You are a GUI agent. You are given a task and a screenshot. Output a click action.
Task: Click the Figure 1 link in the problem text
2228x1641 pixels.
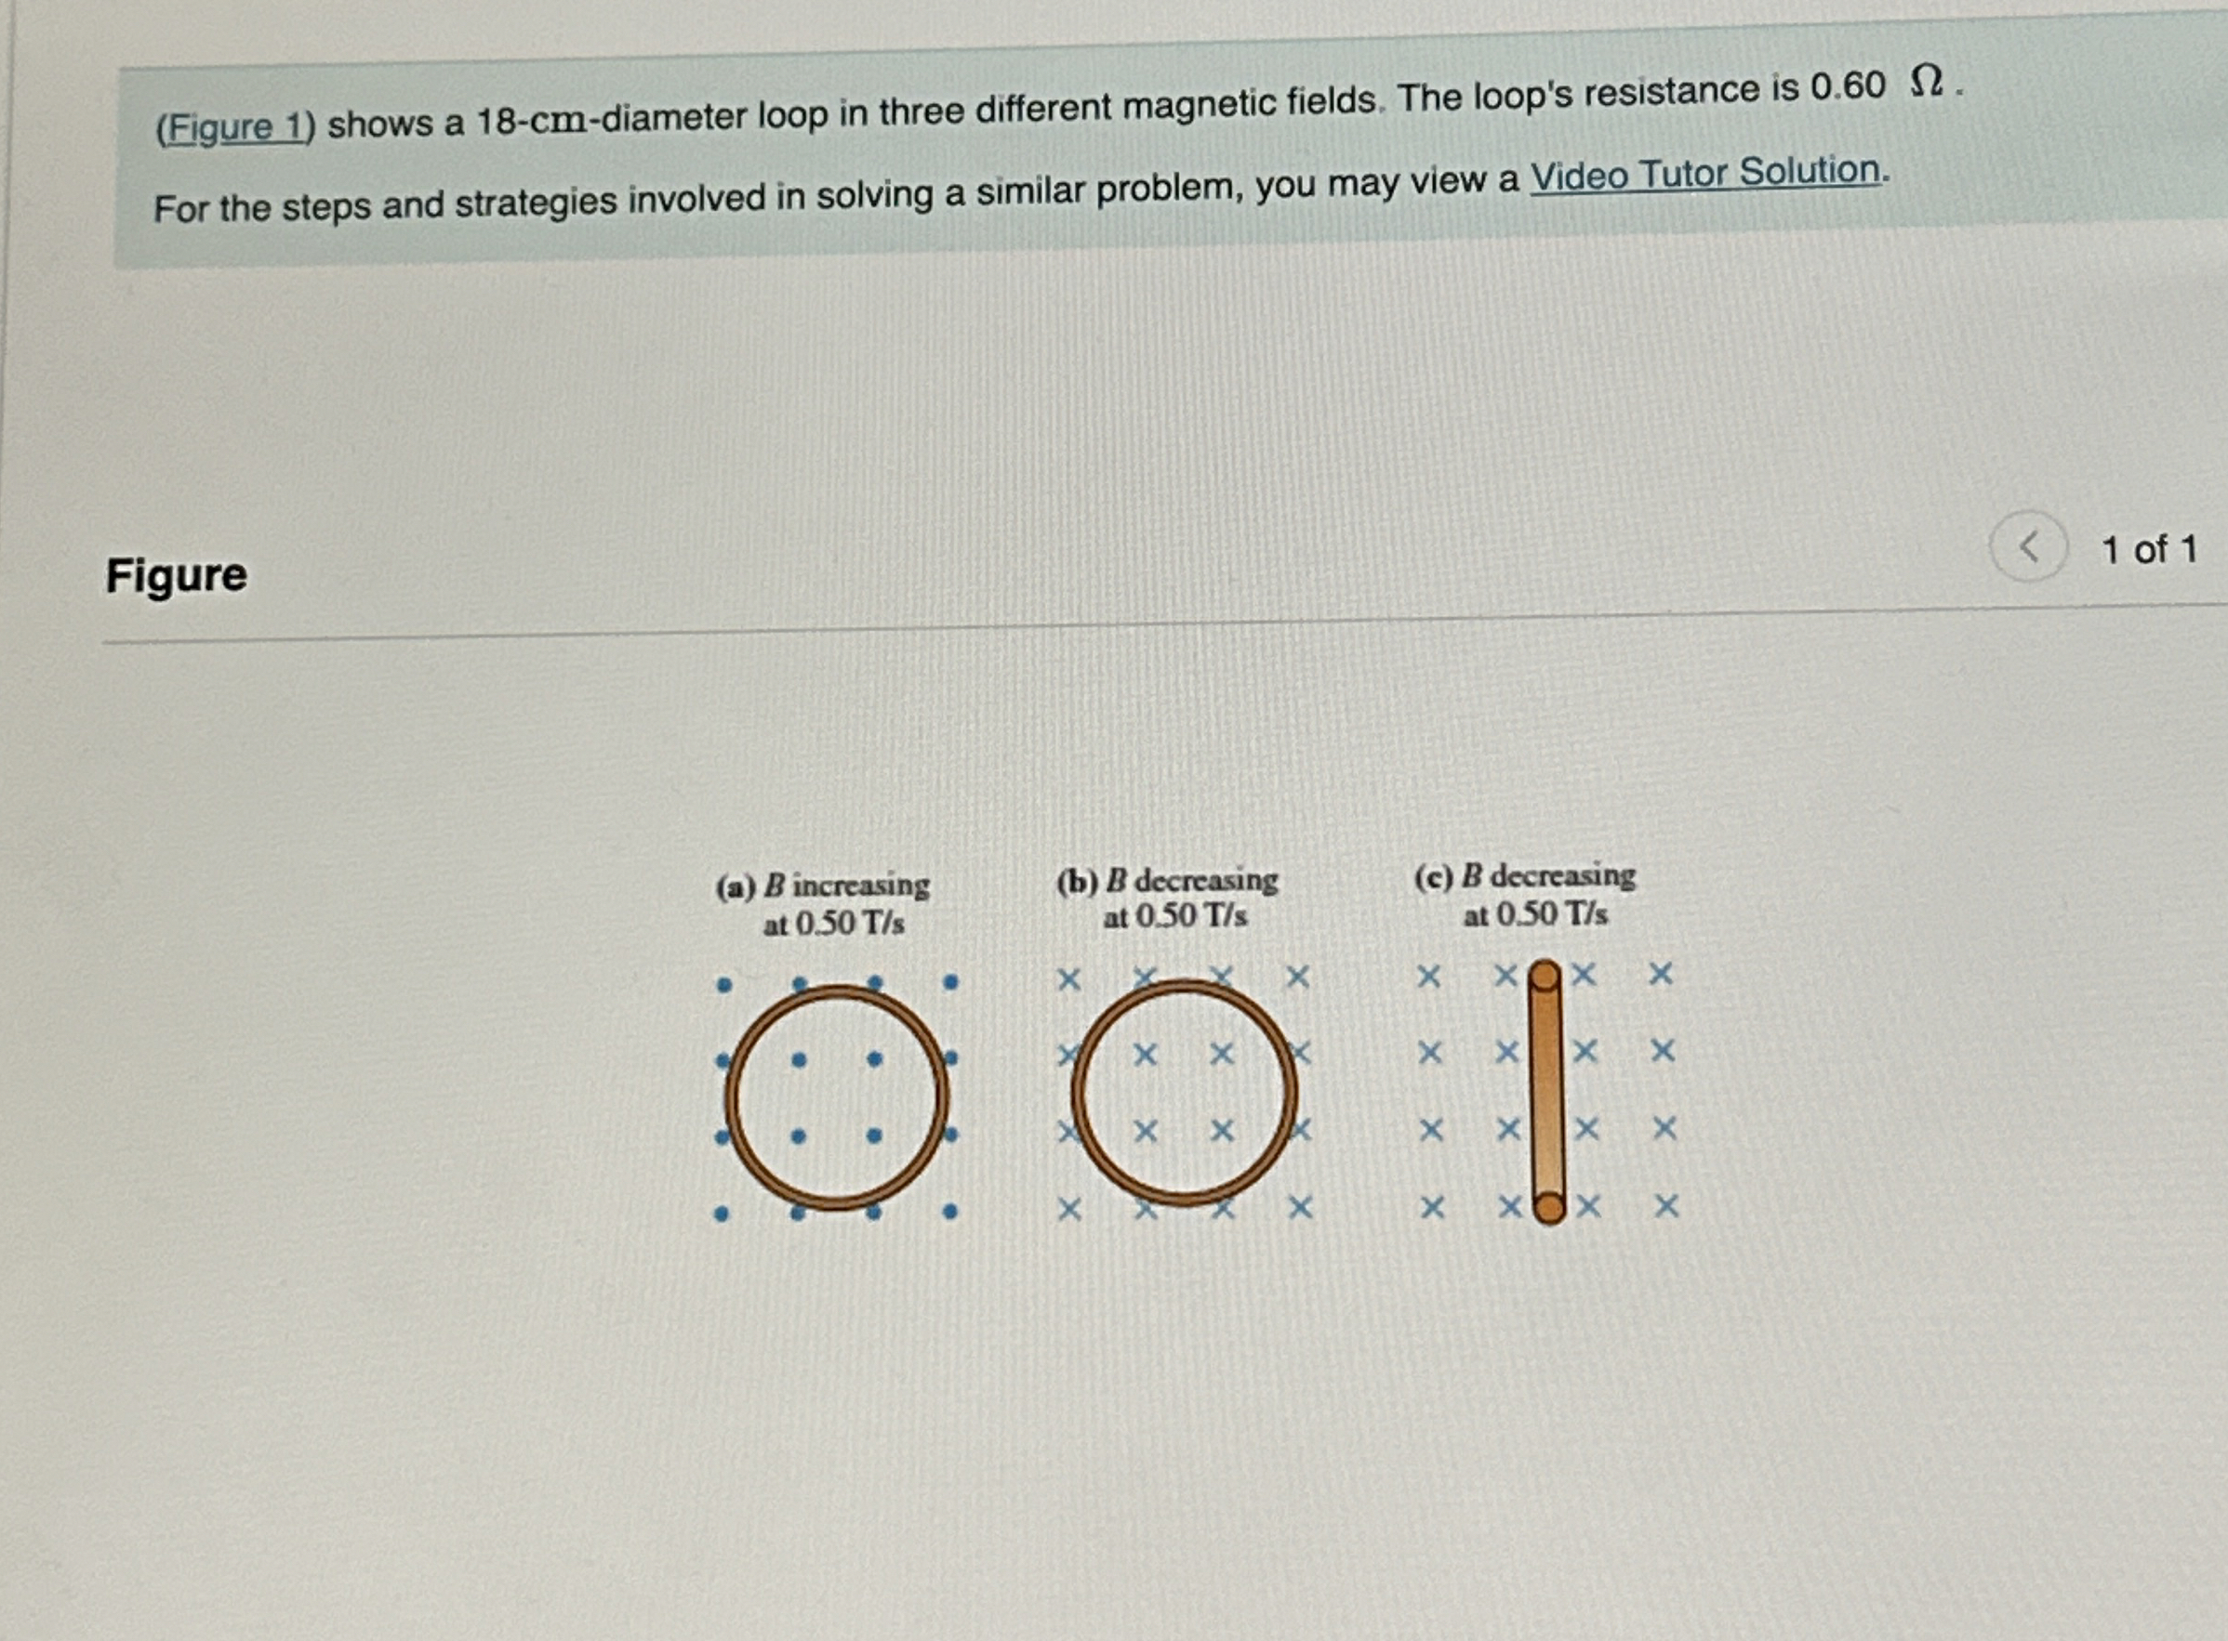(x=234, y=127)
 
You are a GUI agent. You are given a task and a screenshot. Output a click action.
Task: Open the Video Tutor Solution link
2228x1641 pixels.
(x=1705, y=173)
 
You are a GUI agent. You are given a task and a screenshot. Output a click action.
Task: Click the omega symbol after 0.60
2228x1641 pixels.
(x=1926, y=82)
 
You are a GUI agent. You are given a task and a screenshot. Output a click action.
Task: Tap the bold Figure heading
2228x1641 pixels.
(x=177, y=575)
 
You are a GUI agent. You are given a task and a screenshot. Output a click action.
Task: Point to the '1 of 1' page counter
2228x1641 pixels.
(x=2150, y=549)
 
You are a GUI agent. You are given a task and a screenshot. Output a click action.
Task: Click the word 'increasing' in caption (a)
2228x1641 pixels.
(x=860, y=884)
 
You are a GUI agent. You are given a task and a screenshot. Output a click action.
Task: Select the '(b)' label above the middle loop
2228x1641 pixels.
(x=1077, y=881)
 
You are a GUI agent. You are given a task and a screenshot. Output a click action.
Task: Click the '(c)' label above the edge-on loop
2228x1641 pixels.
(x=1434, y=877)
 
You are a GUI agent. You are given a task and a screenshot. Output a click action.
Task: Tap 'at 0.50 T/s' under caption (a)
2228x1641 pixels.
(x=834, y=924)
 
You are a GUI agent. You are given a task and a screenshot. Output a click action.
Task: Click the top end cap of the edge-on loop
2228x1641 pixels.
(x=1544, y=977)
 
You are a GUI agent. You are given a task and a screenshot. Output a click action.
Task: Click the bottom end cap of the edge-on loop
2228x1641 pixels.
(x=1549, y=1208)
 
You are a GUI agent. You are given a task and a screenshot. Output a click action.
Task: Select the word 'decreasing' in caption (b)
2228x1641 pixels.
(x=1206, y=880)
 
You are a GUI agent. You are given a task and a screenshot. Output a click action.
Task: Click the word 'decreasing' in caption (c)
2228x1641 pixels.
(x=1563, y=875)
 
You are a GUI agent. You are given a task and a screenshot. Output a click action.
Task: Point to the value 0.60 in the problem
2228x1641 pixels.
(x=1848, y=86)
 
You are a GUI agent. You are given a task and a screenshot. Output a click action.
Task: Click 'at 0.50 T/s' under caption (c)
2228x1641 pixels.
(x=1535, y=913)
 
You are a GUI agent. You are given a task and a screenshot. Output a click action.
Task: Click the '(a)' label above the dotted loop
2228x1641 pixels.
(x=736, y=886)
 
